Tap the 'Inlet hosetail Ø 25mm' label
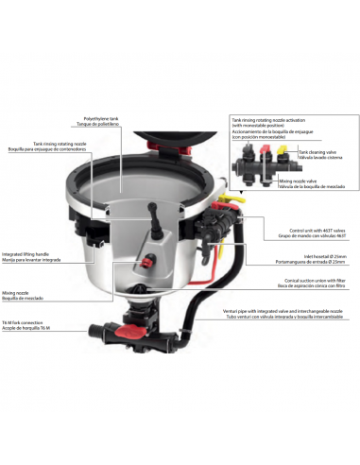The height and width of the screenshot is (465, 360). point(304,254)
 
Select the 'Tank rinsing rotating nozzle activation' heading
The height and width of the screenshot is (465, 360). point(268,122)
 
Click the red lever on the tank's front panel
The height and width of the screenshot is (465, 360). point(147,259)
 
